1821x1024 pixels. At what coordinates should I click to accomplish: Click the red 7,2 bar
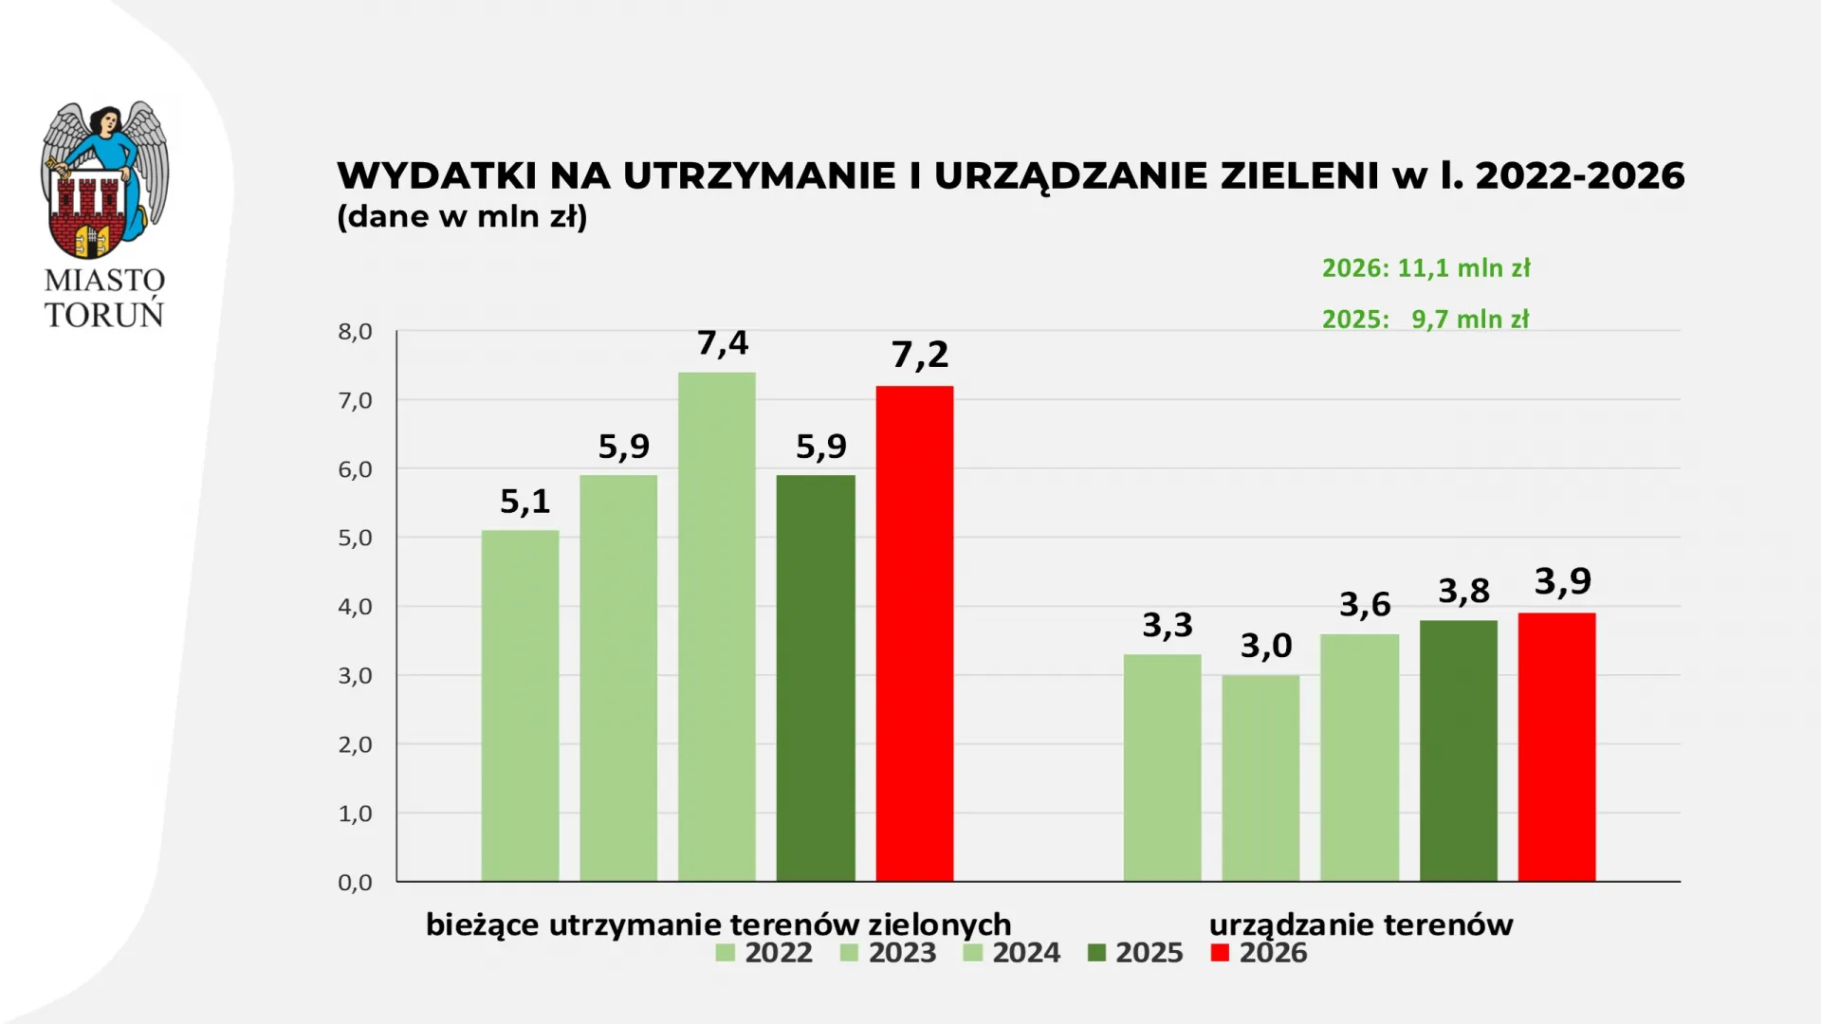[x=914, y=633]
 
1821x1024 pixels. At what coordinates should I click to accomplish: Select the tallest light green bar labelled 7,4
[x=717, y=626]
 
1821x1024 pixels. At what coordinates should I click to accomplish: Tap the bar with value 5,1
[x=520, y=705]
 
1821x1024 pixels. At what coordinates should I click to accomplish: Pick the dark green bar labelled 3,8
[x=1458, y=751]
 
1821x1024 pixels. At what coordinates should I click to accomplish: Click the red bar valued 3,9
[x=1556, y=747]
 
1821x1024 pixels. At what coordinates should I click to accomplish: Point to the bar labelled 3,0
[x=1260, y=777]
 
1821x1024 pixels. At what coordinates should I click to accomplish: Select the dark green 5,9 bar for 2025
[x=816, y=678]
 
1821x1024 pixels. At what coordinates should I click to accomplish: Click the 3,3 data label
[x=1168, y=626]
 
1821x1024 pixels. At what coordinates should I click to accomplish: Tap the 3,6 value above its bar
[x=1365, y=605]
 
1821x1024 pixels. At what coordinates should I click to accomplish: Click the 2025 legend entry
[x=1136, y=953]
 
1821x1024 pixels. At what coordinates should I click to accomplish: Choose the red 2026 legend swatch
[x=1220, y=953]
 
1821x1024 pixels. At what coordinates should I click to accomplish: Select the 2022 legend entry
[x=765, y=953]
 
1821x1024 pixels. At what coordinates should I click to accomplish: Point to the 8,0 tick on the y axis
[x=355, y=332]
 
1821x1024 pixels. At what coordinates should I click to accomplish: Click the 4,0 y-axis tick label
[x=355, y=607]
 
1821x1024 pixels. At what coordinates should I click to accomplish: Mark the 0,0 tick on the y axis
[x=355, y=883]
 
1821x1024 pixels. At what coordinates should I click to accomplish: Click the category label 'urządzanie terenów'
[x=1361, y=924]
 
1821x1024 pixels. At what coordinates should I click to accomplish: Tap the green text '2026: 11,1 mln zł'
[x=1426, y=268]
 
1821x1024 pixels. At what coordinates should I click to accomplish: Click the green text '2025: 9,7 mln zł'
[x=1426, y=320]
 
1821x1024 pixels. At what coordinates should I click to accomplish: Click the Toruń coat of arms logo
[x=104, y=180]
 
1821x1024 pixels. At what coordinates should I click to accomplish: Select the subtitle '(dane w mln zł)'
[x=462, y=217]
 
